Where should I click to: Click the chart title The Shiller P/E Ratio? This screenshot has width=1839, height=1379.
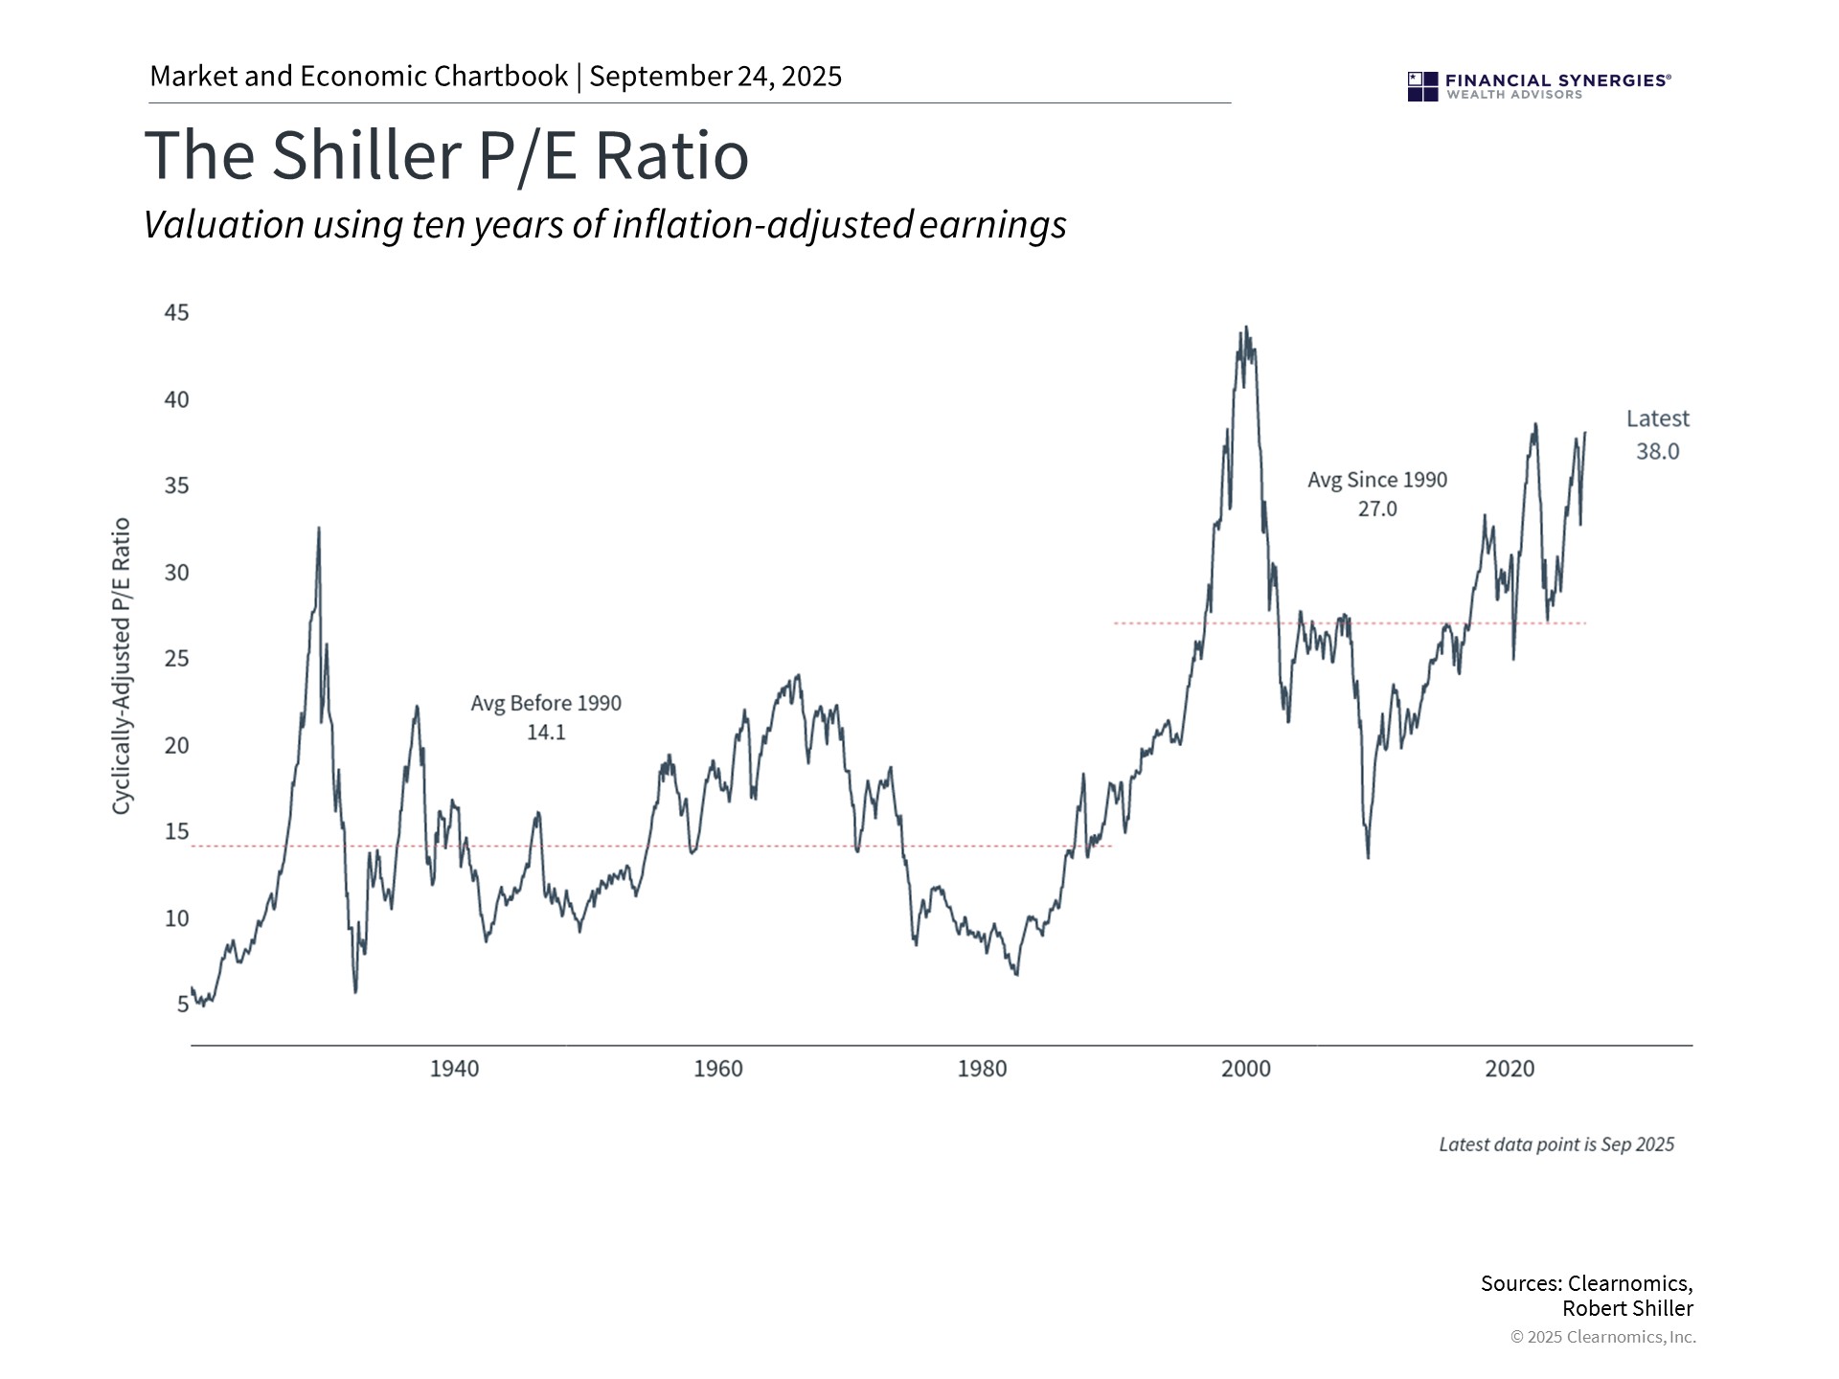[446, 155]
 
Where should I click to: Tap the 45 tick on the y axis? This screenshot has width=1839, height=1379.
[176, 313]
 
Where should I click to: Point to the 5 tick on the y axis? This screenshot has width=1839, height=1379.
[182, 1005]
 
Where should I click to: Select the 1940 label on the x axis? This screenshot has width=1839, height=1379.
[454, 1069]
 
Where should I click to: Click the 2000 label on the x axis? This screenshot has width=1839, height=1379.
[1245, 1069]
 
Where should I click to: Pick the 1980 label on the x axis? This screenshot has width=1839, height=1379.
[982, 1069]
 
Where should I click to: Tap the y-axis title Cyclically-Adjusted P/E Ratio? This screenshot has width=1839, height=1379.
[121, 667]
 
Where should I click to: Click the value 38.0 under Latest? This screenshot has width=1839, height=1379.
[1657, 452]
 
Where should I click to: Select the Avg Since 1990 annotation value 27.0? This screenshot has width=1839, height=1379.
[1376, 509]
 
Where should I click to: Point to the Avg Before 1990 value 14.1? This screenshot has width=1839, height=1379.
[546, 733]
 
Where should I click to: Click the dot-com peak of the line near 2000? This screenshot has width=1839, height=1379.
[1245, 328]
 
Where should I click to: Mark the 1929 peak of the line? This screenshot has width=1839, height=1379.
[319, 529]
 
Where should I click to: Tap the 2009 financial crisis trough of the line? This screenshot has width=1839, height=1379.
[1368, 856]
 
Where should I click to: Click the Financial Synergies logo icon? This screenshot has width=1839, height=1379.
[1422, 86]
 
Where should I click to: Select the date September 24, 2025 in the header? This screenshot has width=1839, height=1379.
[715, 77]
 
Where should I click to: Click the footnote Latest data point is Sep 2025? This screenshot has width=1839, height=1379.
[1556, 1144]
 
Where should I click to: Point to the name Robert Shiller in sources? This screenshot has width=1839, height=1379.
[1627, 1308]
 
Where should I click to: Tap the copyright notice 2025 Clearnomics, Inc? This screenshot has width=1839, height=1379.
[1609, 1337]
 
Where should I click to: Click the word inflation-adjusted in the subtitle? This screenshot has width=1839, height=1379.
[762, 224]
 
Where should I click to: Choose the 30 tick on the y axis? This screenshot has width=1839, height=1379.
[176, 573]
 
